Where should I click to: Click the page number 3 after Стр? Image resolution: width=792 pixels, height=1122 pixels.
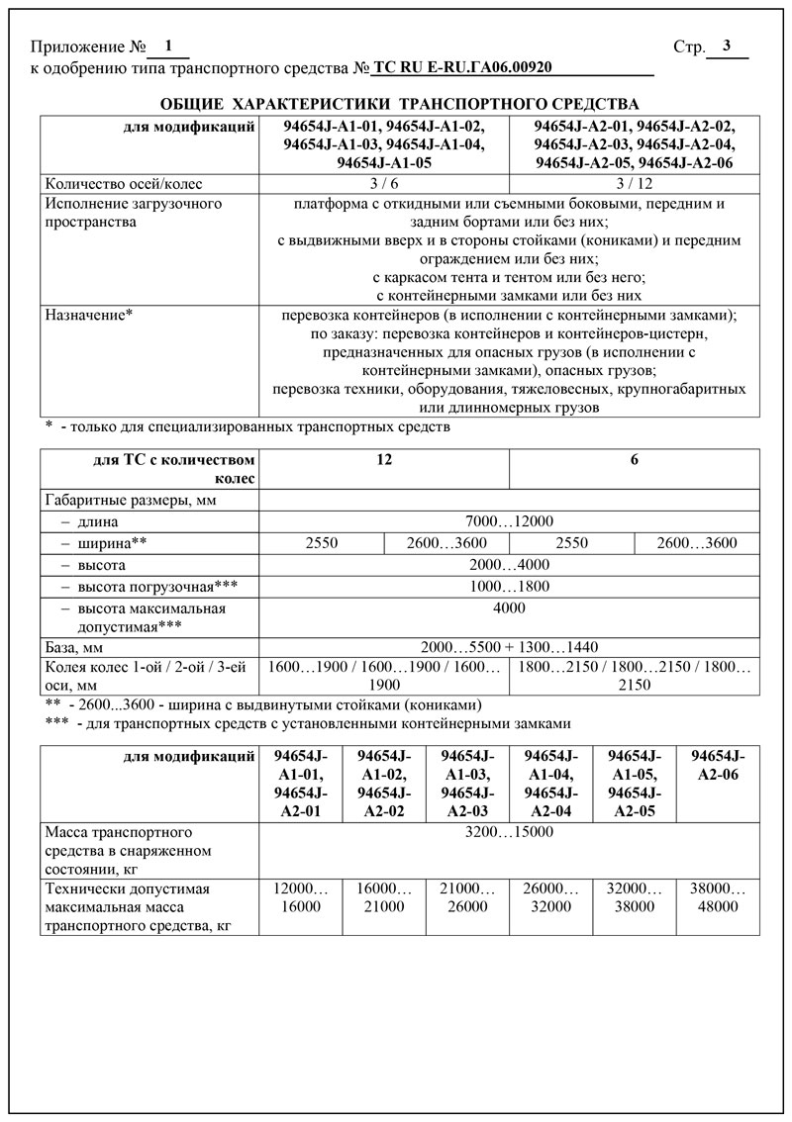(x=727, y=47)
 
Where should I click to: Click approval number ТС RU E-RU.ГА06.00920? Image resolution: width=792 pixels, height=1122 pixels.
(x=461, y=67)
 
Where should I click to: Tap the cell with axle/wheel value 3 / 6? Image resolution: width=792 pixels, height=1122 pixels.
(x=384, y=183)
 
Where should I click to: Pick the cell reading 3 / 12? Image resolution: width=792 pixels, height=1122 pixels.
(x=634, y=183)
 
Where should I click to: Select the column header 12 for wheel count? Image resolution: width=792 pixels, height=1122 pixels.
(x=384, y=461)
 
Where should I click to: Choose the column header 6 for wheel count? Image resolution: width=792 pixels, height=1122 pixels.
(x=634, y=461)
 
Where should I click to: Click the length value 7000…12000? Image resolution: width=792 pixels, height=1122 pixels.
(x=509, y=521)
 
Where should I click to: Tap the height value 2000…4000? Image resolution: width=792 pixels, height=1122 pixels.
(x=509, y=565)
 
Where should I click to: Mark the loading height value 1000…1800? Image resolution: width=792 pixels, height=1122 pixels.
(x=509, y=587)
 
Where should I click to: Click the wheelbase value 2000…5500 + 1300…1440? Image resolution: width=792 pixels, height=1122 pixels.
(x=509, y=647)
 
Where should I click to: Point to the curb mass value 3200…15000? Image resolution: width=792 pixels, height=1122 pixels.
(x=509, y=832)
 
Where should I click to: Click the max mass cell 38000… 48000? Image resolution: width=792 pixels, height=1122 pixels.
(x=718, y=897)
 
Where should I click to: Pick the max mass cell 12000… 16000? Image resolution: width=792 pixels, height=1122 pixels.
(x=300, y=897)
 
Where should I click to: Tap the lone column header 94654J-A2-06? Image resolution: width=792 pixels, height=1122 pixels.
(x=718, y=766)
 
